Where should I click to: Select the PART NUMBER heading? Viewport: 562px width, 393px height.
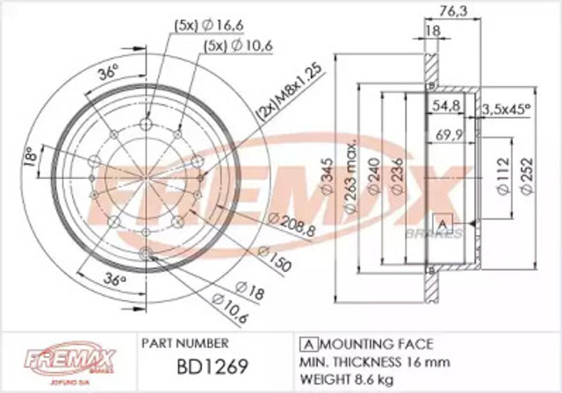coord(184,342)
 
